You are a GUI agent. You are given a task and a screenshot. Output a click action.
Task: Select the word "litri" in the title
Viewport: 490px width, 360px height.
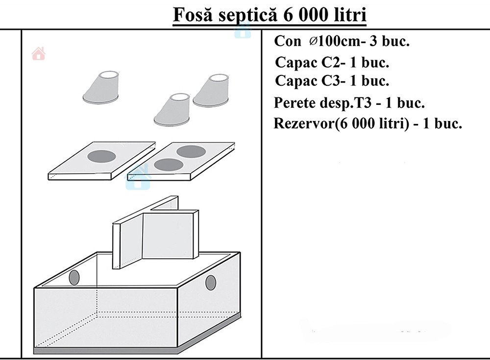(x=349, y=15)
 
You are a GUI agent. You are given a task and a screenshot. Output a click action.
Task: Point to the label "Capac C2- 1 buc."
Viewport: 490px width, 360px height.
(x=333, y=63)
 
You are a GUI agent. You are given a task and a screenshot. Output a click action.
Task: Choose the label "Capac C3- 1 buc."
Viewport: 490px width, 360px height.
(x=333, y=80)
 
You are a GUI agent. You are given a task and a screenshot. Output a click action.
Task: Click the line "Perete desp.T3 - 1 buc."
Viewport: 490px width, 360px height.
(x=349, y=103)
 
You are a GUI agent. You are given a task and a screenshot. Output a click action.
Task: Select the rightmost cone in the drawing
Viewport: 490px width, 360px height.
(x=211, y=90)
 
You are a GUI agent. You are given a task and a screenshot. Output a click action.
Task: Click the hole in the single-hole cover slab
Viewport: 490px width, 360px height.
(x=101, y=156)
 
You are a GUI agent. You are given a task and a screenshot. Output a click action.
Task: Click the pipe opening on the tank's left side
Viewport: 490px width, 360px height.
(x=74, y=278)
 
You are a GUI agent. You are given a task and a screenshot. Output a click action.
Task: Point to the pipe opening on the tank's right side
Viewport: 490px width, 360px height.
(x=210, y=283)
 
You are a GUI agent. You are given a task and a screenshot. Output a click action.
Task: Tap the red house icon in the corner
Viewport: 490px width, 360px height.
(x=38, y=53)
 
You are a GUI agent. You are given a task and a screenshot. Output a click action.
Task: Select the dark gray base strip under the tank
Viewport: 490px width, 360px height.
(x=137, y=349)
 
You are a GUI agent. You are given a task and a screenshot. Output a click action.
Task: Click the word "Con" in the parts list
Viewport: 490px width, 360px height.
(x=288, y=41)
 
